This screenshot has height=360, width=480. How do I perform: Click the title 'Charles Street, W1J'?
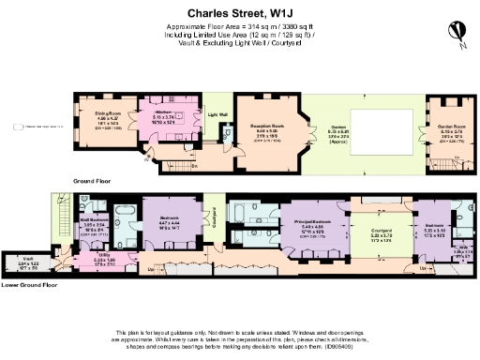(x=239, y=14)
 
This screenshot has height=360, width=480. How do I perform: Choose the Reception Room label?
(x=266, y=128)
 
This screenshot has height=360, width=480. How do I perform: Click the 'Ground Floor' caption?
(x=92, y=178)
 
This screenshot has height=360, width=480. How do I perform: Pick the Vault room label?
(x=29, y=264)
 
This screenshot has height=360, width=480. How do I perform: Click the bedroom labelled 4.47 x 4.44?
(x=170, y=223)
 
